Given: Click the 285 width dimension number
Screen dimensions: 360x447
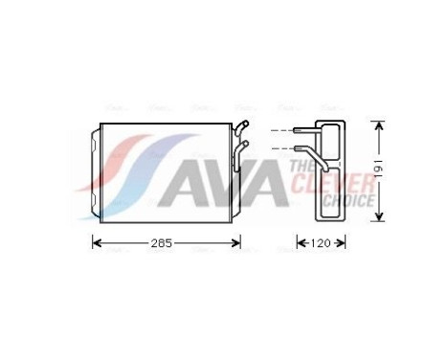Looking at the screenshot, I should [162, 243].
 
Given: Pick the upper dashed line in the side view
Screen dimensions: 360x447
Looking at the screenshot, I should [281, 130].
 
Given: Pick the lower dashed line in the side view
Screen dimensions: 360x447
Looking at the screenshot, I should [281, 148].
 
